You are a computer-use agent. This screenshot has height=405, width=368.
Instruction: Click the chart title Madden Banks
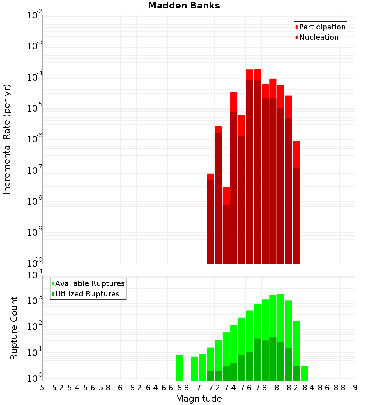pyautogui.click(x=184, y=6)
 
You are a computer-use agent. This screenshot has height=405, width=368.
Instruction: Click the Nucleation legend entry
pyautogui.click(x=318, y=37)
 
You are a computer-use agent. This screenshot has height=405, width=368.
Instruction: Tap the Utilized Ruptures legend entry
pyautogui.click(x=87, y=294)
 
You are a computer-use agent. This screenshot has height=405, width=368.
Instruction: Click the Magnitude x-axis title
pyautogui.click(x=199, y=399)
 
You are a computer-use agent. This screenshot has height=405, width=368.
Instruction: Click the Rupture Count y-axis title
pyautogui.click(x=14, y=328)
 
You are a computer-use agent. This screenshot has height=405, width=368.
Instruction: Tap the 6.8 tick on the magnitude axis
pyautogui.click(x=183, y=388)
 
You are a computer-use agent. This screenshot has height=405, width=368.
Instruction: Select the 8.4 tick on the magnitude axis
pyautogui.click(x=308, y=388)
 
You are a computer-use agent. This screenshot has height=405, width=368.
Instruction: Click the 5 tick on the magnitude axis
pyautogui.click(x=42, y=388)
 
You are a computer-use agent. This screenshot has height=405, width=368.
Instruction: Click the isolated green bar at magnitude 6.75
pyautogui.click(x=179, y=368)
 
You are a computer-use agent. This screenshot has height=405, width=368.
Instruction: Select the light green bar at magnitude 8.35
pyautogui.click(x=304, y=374)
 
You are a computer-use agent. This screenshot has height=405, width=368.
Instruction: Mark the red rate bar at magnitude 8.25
pyautogui.click(x=297, y=202)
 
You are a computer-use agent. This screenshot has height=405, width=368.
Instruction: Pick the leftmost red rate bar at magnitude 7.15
pyautogui.click(x=210, y=221)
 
